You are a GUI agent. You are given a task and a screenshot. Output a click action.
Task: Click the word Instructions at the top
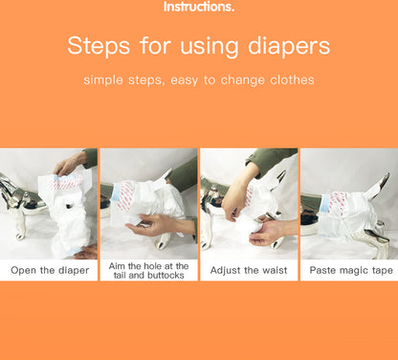click(198, 7)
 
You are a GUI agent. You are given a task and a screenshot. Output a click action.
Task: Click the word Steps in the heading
click(99, 46)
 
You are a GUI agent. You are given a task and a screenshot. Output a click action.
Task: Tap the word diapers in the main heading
click(289, 47)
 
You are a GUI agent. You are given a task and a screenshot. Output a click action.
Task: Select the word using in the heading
click(210, 47)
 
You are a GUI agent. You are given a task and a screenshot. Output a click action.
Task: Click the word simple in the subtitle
click(103, 80)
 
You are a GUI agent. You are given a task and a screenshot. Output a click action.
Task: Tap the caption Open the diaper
click(50, 271)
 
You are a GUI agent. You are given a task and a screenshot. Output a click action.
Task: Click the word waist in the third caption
click(275, 270)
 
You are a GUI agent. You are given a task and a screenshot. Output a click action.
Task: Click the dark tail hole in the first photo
click(69, 206)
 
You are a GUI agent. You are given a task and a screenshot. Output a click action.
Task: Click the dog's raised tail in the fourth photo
click(379, 185)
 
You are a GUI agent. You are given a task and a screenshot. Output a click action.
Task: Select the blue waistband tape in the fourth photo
click(324, 203)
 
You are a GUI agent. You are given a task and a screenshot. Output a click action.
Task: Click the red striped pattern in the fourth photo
click(337, 203)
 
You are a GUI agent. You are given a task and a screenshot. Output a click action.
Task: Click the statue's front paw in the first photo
click(20, 234)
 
